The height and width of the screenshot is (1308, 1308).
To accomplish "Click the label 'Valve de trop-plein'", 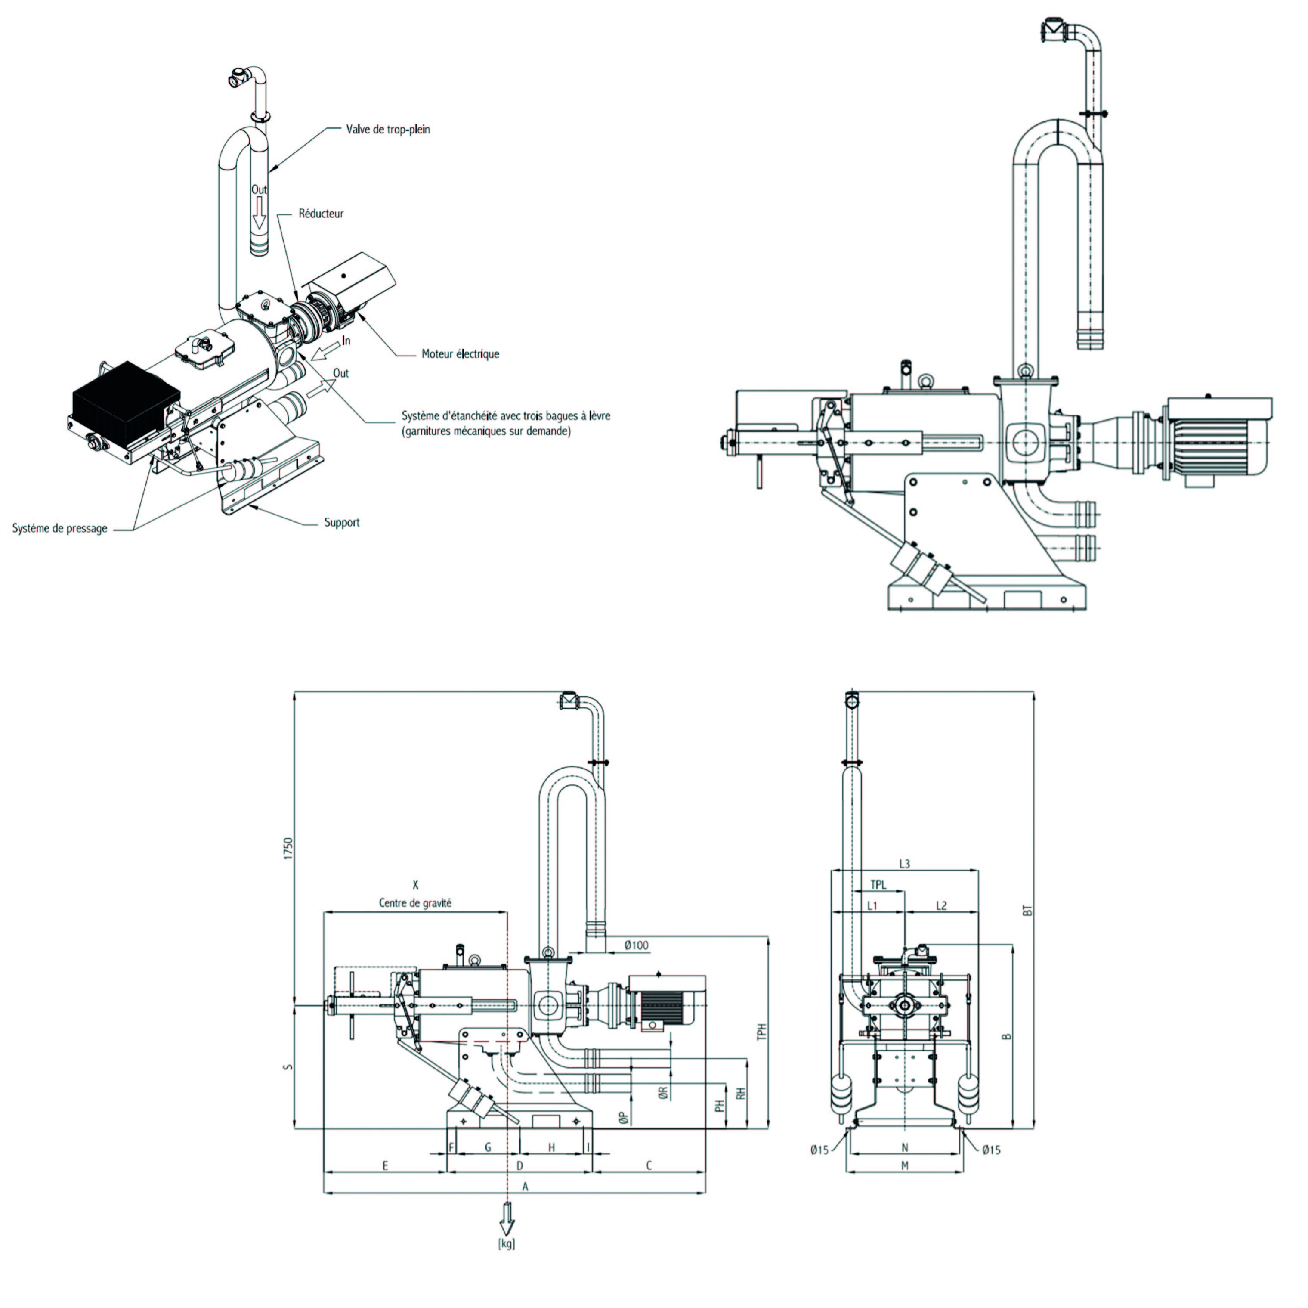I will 388,129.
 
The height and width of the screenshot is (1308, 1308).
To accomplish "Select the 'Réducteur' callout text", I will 321,214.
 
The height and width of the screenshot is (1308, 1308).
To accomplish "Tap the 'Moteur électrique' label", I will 461,353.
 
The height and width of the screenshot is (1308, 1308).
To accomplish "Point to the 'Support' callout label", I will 341,522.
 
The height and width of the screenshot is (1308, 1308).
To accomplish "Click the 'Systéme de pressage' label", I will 59,528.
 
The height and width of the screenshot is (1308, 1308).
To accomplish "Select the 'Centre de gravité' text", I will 415,903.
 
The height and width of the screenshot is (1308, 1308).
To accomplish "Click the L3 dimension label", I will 905,864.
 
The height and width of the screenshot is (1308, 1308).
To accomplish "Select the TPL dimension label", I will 878,885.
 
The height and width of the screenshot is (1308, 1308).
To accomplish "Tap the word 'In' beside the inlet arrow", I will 346,341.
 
